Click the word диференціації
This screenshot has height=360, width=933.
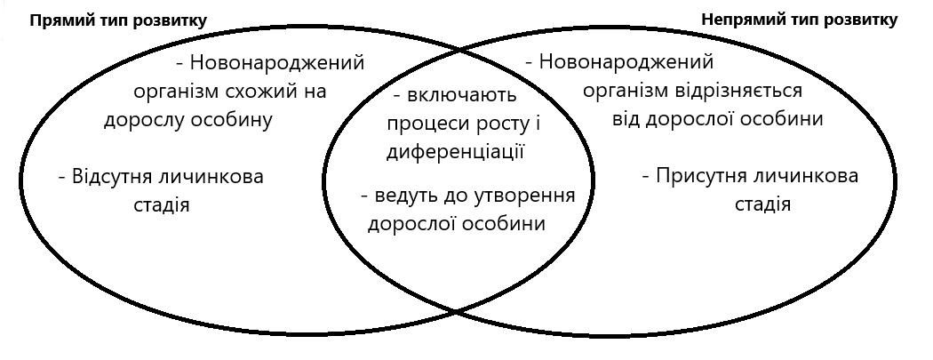coord(455,151)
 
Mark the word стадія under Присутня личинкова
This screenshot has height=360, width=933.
coord(762,204)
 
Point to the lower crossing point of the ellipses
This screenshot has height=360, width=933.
coord(457,310)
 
